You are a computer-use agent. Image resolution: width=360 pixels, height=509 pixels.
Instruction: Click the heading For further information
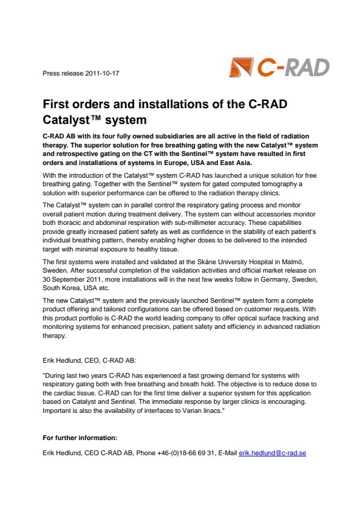79,437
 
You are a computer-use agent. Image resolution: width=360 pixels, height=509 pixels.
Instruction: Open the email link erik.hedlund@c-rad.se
272,453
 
